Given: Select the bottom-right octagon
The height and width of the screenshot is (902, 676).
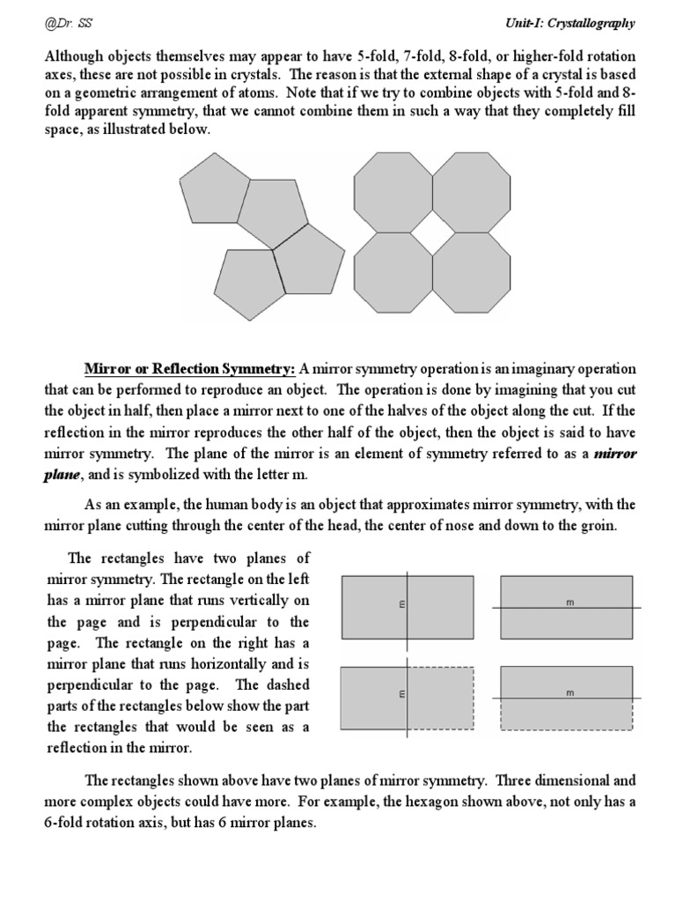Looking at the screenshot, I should click(472, 271).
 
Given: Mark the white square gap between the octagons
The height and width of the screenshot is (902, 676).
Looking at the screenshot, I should click(432, 232).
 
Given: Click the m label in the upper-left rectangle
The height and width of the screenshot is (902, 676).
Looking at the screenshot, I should click(401, 605).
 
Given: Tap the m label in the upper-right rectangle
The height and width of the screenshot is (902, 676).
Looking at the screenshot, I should click(569, 602).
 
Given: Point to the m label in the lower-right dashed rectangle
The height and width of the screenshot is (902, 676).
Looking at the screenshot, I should click(569, 693).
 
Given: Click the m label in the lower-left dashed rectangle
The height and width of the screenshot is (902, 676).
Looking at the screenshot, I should click(401, 694).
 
